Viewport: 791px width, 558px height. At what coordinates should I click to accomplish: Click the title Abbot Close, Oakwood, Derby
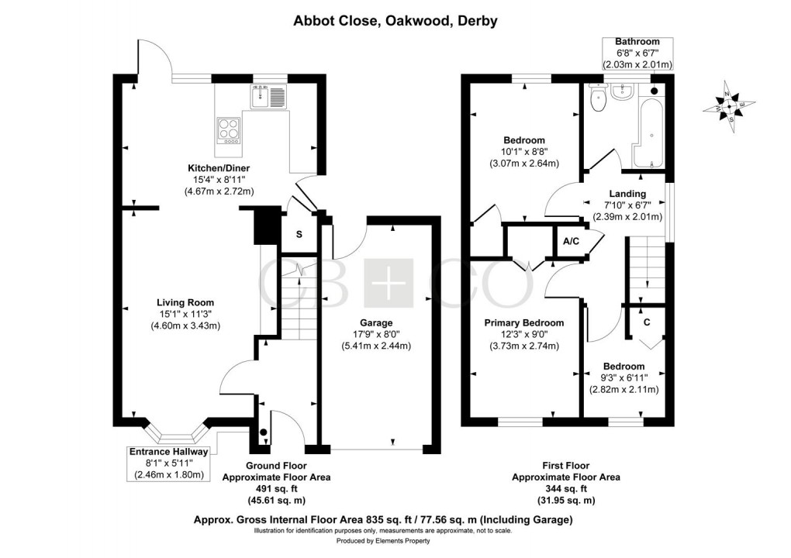(395, 21)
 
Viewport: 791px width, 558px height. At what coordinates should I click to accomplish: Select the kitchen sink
(268, 97)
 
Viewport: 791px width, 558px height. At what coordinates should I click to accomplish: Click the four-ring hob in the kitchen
(229, 129)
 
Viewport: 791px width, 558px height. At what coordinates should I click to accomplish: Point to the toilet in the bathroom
(596, 98)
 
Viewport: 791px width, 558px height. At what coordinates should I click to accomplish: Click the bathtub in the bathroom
(650, 128)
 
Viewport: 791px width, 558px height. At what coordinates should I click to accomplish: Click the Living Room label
(185, 302)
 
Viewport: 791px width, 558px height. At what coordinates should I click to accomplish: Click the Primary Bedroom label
(523, 322)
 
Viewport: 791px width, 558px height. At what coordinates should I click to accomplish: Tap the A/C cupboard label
(571, 242)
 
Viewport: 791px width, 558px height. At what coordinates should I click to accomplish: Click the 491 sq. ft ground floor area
(277, 489)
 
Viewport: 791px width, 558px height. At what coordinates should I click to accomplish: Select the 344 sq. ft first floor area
(565, 489)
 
